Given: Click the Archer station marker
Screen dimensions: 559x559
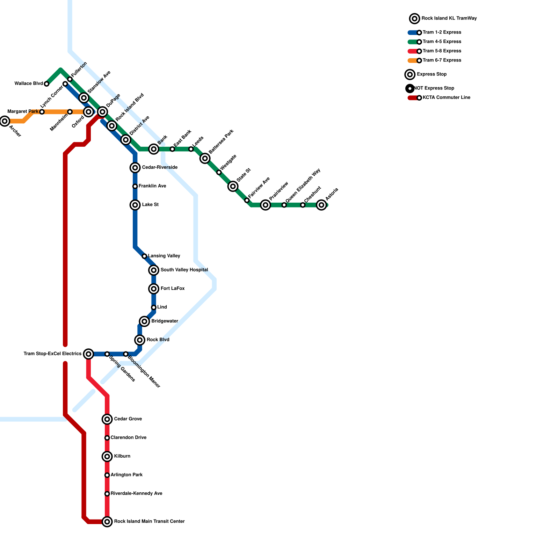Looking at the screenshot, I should pyautogui.click(x=5, y=121).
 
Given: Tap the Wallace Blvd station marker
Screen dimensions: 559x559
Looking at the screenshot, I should pyautogui.click(x=46, y=84).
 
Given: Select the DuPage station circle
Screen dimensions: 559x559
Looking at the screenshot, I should pyautogui.click(x=102, y=112).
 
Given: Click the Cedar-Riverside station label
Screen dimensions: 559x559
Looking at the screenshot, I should pyautogui.click(x=160, y=168).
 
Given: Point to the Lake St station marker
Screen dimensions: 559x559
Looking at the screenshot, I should pyautogui.click(x=135, y=205).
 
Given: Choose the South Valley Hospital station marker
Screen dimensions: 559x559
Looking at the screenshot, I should pyautogui.click(x=154, y=270).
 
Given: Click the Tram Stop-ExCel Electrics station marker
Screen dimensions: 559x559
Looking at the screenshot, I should pyautogui.click(x=89, y=354).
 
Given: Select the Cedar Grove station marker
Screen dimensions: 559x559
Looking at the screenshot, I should pyautogui.click(x=107, y=419).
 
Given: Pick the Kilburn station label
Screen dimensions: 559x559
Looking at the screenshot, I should pyautogui.click(x=122, y=456).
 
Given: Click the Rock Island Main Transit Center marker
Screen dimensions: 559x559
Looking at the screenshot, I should pyautogui.click(x=107, y=522).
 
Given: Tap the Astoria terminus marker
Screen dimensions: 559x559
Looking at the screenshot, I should pyautogui.click(x=321, y=205).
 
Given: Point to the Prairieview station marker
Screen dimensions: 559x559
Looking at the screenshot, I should pyautogui.click(x=266, y=205).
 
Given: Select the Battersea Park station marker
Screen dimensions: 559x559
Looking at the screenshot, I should pyautogui.click(x=205, y=159).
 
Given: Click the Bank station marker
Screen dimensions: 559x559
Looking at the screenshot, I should pyautogui.click(x=154, y=149).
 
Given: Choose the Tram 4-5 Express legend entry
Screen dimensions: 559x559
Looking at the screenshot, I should pyautogui.click(x=442, y=42).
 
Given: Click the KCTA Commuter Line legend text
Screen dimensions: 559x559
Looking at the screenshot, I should pyautogui.click(x=446, y=98).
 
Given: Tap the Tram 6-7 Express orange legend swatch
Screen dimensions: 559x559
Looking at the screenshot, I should pyautogui.click(x=413, y=60).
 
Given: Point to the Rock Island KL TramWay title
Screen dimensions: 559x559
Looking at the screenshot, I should pyautogui.click(x=449, y=19).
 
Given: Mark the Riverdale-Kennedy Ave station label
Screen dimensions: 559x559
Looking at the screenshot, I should pyautogui.click(x=136, y=494).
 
